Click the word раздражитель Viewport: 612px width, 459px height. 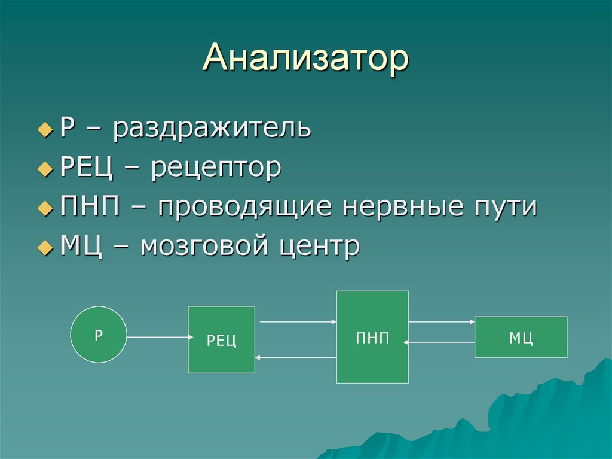(x=212, y=129)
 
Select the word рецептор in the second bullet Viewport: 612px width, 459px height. (x=216, y=168)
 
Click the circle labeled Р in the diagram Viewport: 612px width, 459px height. (x=99, y=335)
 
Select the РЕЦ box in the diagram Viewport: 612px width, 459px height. (x=222, y=339)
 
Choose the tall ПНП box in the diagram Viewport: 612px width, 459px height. (x=372, y=337)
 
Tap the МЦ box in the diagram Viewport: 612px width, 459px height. (x=521, y=337)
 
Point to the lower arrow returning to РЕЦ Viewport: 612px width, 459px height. (x=296, y=357)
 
